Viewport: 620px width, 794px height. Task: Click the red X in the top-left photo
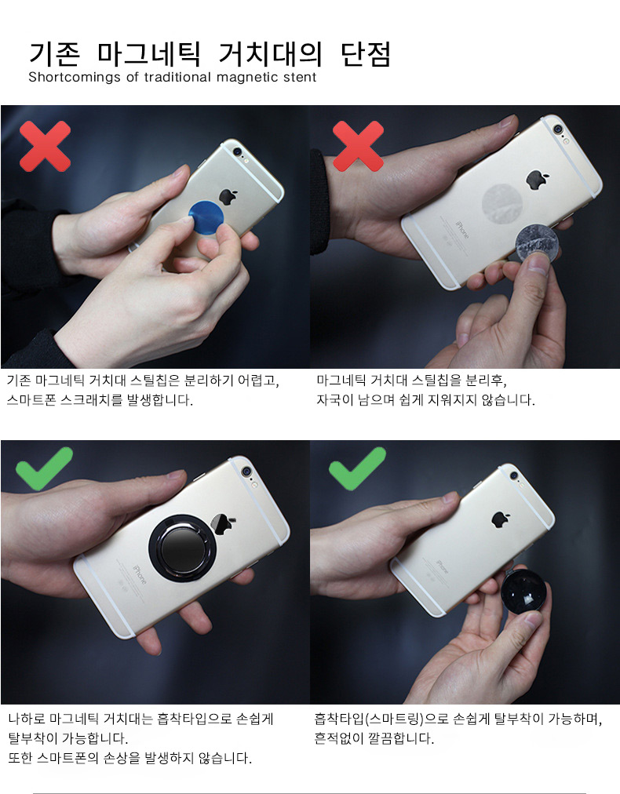pyautogui.click(x=45, y=147)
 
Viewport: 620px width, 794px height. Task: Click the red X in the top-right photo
pyautogui.click(x=358, y=147)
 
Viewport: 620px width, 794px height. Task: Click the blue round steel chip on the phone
pyautogui.click(x=206, y=217)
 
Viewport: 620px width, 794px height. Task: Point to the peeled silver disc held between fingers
pyautogui.click(x=537, y=244)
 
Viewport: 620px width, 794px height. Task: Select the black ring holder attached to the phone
pyautogui.click(x=182, y=548)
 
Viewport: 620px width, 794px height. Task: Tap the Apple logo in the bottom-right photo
pyautogui.click(x=501, y=519)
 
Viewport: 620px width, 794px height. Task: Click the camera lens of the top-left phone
pyautogui.click(x=237, y=151)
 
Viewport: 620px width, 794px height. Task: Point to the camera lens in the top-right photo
pyautogui.click(x=558, y=129)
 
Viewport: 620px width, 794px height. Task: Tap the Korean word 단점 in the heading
pyautogui.click(x=366, y=54)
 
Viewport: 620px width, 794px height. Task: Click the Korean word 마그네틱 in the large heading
pyautogui.click(x=148, y=54)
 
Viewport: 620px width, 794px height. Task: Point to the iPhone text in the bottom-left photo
pyautogui.click(x=139, y=574)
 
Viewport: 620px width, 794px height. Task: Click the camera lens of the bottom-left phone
pyautogui.click(x=246, y=471)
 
